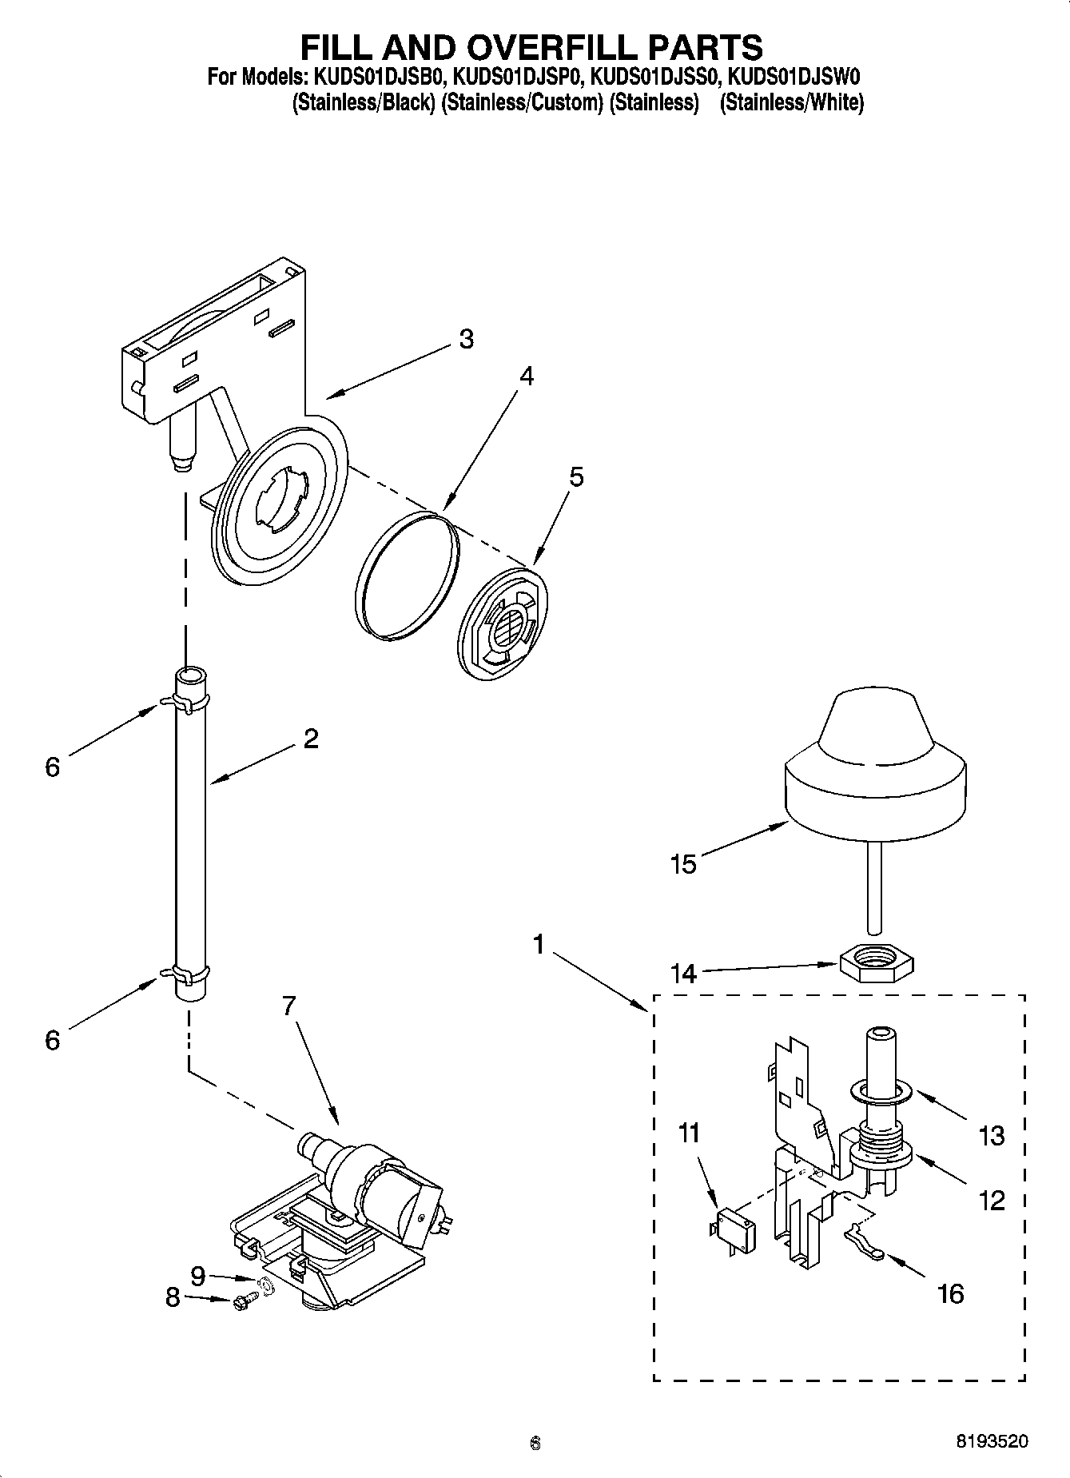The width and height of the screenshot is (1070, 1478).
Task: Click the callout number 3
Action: coord(466,339)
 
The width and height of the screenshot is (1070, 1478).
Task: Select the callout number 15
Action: coord(684,865)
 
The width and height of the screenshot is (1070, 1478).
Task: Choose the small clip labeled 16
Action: coord(862,1244)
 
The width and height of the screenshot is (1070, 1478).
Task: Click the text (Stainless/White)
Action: coord(791,102)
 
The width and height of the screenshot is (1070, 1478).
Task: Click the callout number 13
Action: coord(991,1135)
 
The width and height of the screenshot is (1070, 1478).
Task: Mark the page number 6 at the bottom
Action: coord(535,1443)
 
